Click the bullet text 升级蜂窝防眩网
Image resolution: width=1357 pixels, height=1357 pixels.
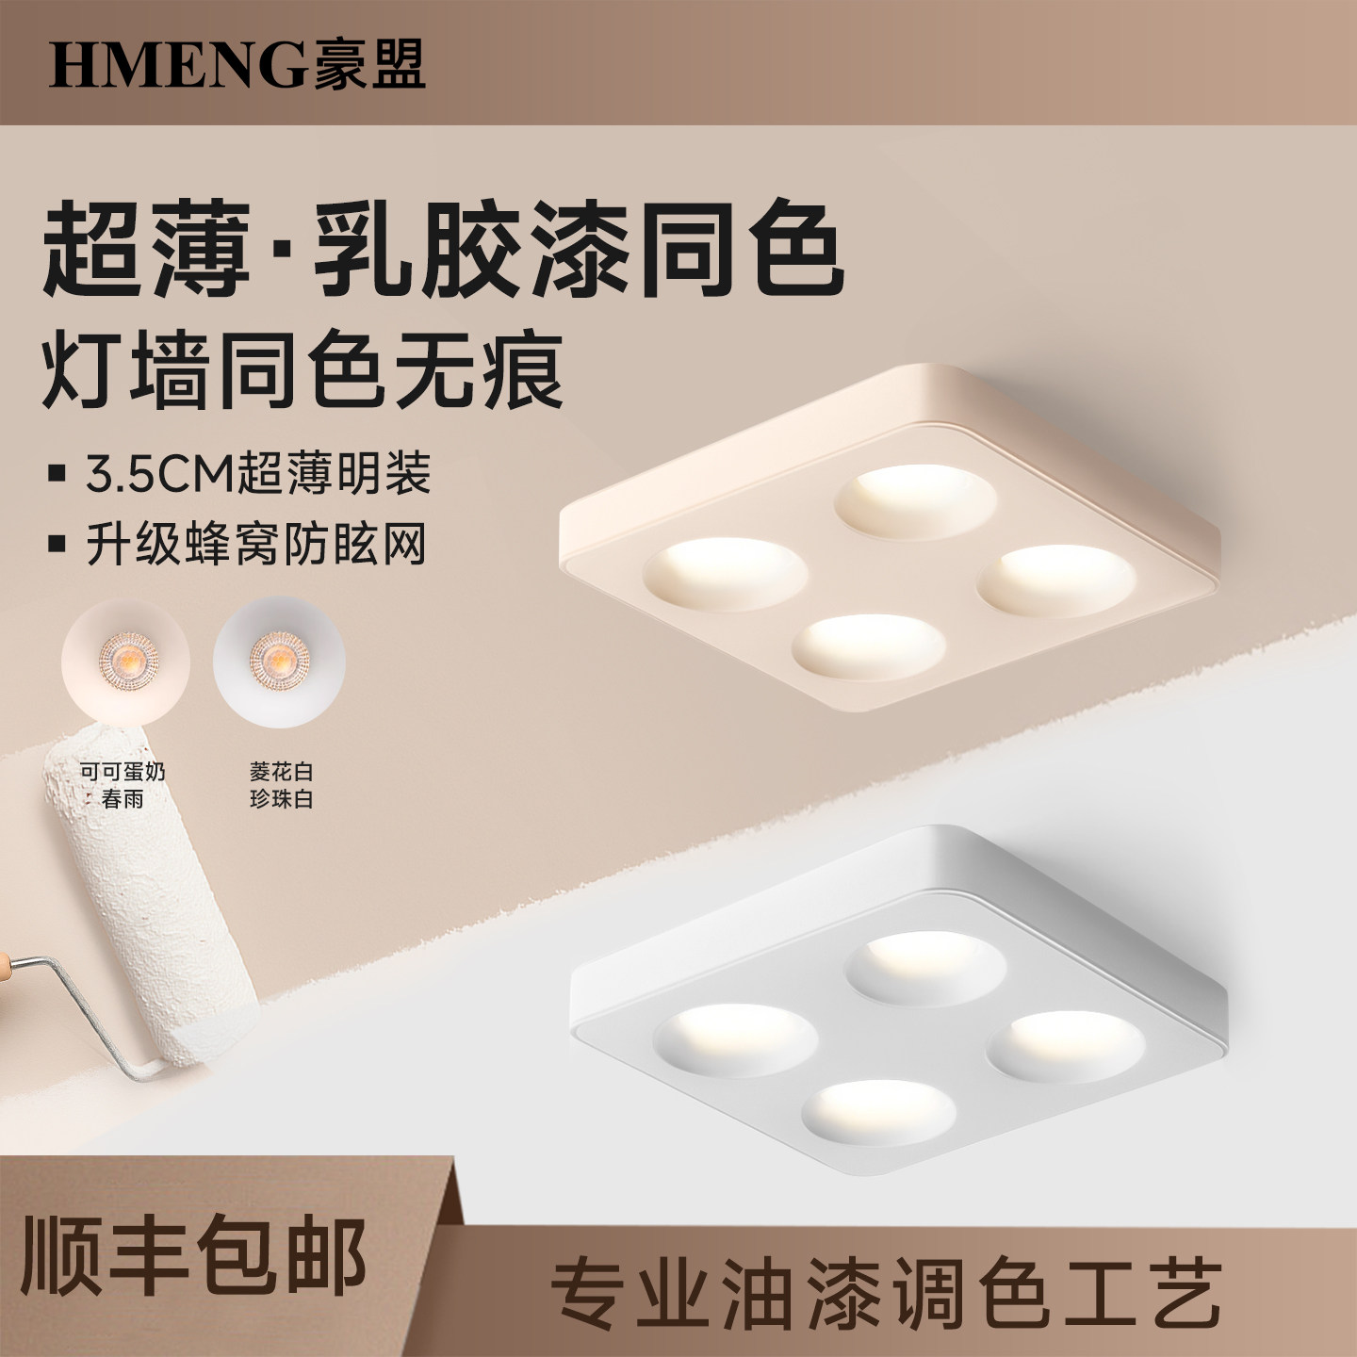coord(256,545)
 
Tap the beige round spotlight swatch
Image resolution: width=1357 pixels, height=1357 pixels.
coord(125,659)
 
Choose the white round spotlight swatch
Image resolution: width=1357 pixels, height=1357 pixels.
coord(279,659)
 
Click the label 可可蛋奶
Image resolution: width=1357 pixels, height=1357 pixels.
coord(123,772)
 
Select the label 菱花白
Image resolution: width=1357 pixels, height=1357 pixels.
coord(281,772)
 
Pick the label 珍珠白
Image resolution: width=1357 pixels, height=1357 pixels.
coord(281,799)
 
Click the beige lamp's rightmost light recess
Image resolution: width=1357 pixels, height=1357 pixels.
coord(1056,580)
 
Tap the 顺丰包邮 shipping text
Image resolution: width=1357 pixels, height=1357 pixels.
coord(193,1256)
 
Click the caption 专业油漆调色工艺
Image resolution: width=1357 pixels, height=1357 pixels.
coord(885,1294)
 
